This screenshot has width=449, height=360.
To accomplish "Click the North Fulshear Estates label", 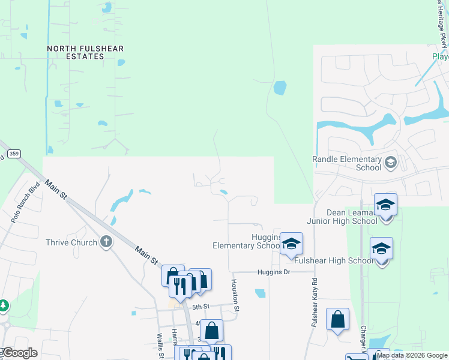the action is (76, 52).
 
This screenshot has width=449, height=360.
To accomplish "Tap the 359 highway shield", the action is (15, 154).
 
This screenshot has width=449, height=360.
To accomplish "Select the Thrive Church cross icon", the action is (106, 242).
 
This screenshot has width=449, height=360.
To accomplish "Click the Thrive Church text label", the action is (71, 242).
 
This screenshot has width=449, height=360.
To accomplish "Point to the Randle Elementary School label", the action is (347, 163).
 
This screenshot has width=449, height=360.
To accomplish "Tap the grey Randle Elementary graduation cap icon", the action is (390, 162).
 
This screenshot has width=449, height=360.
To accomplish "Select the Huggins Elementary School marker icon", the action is (291, 244).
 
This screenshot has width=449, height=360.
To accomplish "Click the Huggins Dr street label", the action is (274, 272).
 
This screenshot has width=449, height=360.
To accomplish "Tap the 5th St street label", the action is (200, 307).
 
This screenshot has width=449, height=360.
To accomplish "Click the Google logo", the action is (19, 353).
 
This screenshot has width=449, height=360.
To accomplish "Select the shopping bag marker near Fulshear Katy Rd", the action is (337, 319).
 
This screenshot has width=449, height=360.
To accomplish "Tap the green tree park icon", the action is (3, 306).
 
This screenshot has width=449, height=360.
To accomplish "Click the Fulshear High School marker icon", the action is (381, 248).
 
